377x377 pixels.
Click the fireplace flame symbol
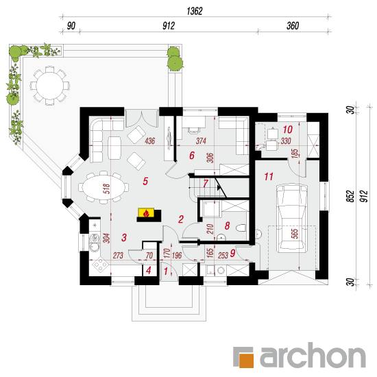pos(146,213)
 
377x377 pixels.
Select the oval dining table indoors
pos(104,187)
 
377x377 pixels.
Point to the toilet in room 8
pos(241,228)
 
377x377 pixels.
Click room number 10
pos(288,130)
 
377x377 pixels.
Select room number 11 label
pos(269,177)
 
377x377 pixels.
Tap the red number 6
pos(192,156)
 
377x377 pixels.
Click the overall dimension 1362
pos(195,11)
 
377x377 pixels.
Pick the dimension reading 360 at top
pos(293,26)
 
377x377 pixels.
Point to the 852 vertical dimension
pos(351,196)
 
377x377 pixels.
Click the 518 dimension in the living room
pos(106,188)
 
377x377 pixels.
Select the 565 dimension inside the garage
pos(295,233)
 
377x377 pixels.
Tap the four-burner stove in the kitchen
pos(100,265)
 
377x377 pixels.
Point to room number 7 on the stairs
pos(206,184)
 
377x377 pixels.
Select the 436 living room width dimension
pos(150,141)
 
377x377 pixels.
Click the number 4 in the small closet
pos(149,270)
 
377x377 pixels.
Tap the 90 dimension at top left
pos(71,26)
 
